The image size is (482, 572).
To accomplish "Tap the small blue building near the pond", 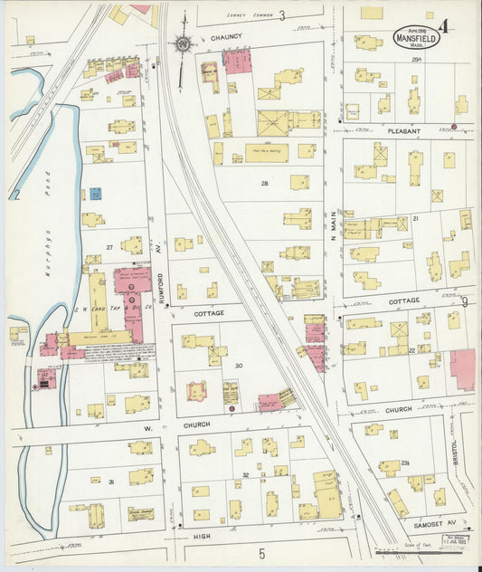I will pos(95,194).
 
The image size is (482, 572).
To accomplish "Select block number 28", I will pos(265,183).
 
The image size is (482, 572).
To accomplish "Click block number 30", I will pos(240,365).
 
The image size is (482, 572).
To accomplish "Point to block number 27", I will pos(109,246).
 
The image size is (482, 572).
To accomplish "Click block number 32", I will pos(245,474).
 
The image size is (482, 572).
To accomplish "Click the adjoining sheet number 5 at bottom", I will pos(262,553).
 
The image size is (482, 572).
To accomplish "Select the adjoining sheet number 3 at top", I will pos(282,15).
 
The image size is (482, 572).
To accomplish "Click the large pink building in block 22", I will pos(462,369).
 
